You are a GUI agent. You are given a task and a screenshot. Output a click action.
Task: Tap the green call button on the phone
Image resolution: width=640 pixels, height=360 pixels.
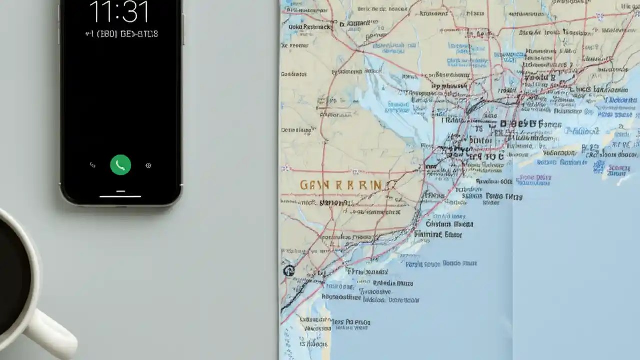coord(120,165)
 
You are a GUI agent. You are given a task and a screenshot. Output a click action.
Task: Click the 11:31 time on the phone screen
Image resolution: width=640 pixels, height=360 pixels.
coord(119,12)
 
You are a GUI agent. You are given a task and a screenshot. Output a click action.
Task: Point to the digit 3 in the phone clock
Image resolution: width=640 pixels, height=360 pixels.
coord(132,12)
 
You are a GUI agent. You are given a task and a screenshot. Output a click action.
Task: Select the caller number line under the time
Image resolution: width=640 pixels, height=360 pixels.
coord(121,34)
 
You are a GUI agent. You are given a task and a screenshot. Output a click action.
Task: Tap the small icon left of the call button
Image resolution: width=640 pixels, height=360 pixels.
coord(92,165)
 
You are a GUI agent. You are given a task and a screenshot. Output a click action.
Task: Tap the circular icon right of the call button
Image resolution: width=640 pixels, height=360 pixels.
coord(148,165)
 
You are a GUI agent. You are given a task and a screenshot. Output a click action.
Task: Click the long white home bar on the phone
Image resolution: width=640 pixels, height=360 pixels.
coord(120,196)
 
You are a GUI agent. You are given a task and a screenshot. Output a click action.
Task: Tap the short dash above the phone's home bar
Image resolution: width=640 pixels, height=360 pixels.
coord(120,191)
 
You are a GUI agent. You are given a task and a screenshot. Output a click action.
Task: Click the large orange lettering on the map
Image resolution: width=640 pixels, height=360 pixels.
coord(340,185)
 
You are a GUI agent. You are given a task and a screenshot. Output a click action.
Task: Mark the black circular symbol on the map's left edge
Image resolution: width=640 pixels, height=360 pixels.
coord(288,271)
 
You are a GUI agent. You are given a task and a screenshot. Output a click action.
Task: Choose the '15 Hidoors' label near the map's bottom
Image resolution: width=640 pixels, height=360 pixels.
coord(314,344)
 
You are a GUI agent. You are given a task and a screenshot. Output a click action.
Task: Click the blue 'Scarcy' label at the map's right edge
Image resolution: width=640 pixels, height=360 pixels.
coord(619,168)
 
